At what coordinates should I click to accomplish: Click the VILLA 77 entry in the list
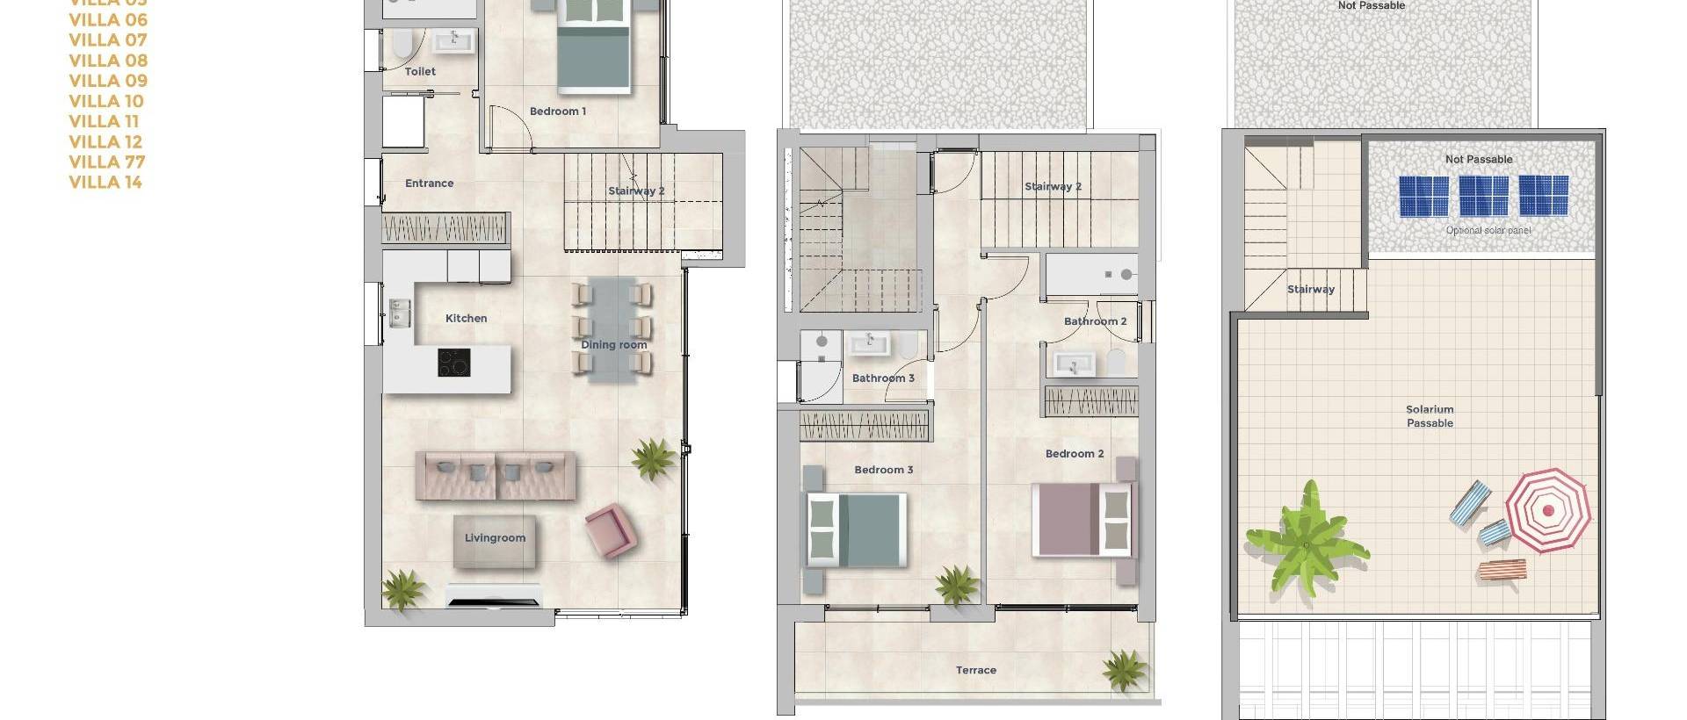(107, 162)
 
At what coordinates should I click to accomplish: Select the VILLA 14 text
(105, 182)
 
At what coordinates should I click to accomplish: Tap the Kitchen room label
(466, 318)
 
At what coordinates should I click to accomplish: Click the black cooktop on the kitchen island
(453, 363)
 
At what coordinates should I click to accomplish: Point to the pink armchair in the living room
(610, 529)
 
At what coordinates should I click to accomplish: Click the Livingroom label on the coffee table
(495, 537)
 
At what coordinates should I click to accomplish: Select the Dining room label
(613, 344)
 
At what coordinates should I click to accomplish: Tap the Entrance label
(429, 183)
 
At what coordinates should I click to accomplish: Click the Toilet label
(420, 71)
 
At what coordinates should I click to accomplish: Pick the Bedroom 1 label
(557, 111)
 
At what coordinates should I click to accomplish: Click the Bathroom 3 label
(883, 378)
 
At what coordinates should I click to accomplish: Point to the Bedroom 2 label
(1074, 453)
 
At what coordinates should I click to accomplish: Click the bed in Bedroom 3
(856, 529)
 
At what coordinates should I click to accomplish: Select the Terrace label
(975, 670)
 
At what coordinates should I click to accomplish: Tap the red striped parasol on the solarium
(1547, 509)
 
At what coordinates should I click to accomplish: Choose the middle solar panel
(1483, 196)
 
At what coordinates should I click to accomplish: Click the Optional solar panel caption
(1488, 230)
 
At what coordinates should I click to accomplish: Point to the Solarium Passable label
(1430, 416)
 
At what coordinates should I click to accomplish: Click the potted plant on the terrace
(1126, 669)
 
